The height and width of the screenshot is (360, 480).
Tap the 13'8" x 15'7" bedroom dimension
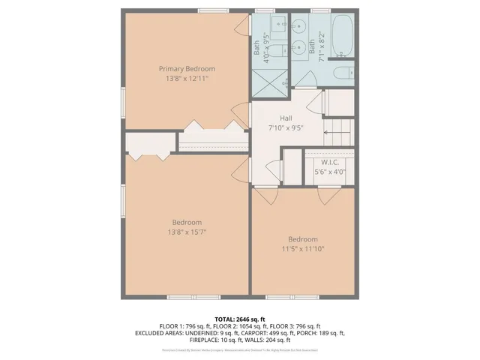(187, 232)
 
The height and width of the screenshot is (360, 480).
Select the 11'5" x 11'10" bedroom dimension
(303, 248)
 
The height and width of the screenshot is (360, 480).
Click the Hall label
(286, 118)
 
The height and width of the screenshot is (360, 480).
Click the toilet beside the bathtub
(342, 73)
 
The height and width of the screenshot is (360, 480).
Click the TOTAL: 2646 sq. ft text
(239, 318)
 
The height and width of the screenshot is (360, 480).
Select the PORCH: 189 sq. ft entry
(322, 333)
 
